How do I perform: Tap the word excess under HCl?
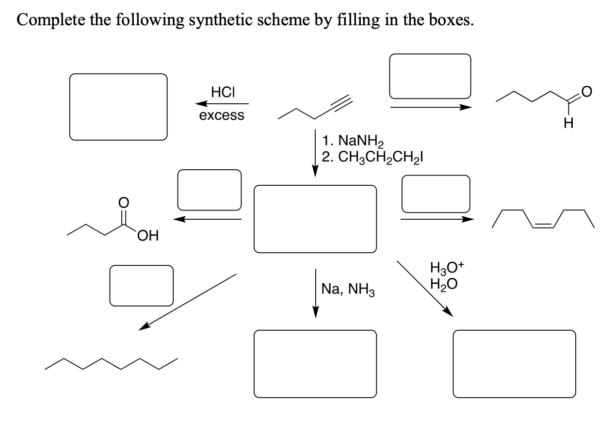(x=222, y=116)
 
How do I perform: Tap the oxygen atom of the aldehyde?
(x=584, y=91)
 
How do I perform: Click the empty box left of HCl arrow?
(x=118, y=107)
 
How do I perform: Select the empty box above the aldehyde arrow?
(x=430, y=76)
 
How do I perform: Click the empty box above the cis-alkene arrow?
(x=436, y=194)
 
